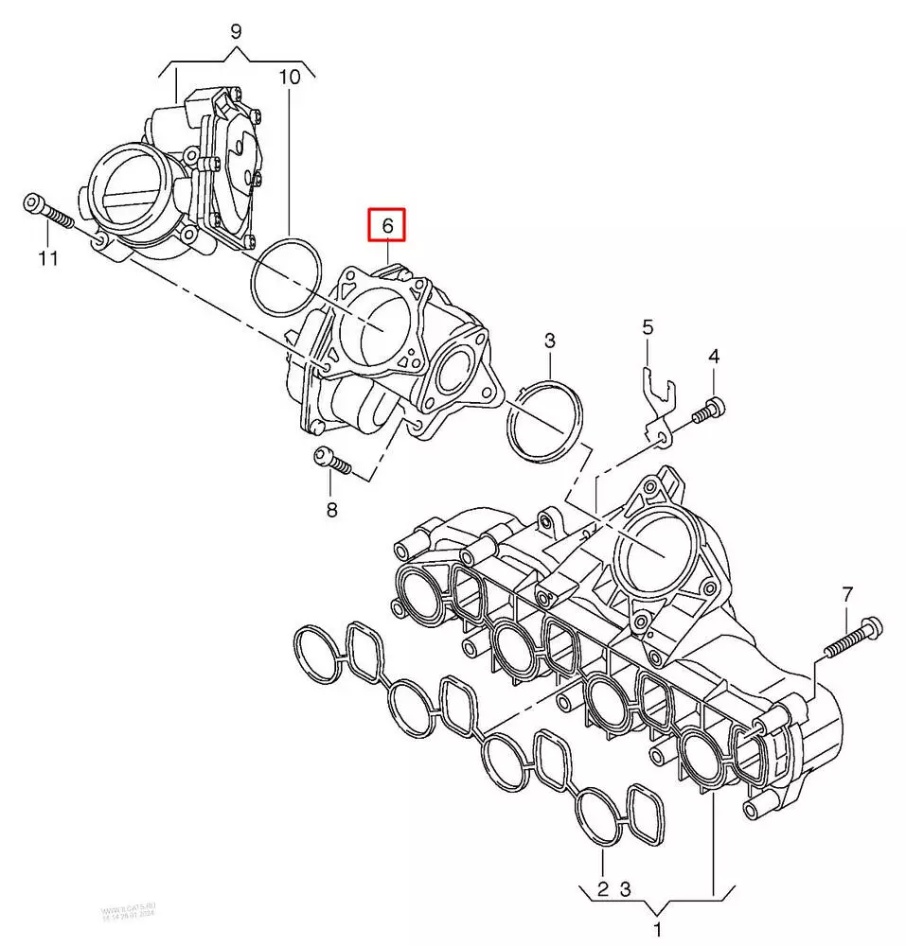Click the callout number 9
tap(236, 32)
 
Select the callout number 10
tap(290, 77)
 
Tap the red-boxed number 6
tap(386, 226)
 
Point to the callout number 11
tap(48, 258)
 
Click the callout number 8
tap(331, 510)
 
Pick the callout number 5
tap(648, 328)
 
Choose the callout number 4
tap(714, 357)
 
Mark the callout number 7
tap(847, 595)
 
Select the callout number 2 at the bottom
tap(602, 888)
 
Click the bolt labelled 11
tap(47, 212)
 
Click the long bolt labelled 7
tap(852, 639)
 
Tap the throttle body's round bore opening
tap(127, 184)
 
